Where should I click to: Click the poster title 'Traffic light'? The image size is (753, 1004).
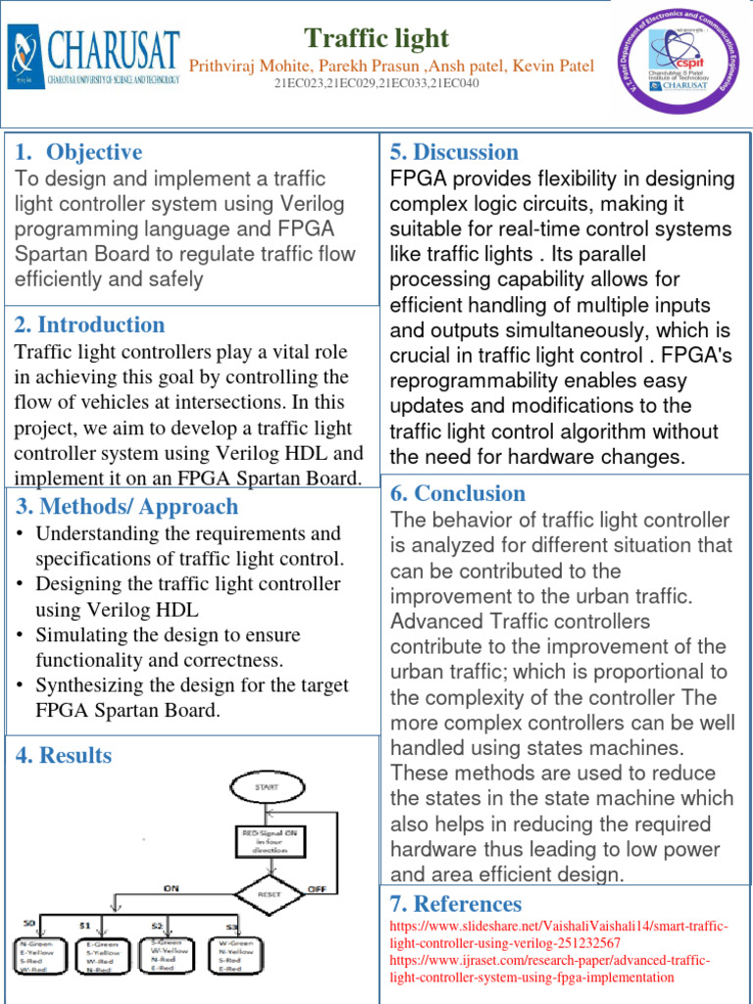376,38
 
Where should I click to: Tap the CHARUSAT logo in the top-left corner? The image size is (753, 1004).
95,57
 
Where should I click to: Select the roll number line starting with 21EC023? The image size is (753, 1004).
377,84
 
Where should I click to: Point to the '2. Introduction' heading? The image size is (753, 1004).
89,325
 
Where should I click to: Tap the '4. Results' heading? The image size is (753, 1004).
63,755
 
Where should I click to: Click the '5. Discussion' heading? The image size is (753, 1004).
454,152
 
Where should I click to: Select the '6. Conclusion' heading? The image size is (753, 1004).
458,493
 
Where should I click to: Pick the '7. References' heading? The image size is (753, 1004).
456,903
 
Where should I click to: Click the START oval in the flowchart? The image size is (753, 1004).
266,786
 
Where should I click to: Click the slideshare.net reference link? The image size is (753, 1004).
559,934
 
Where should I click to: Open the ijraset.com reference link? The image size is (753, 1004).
550,969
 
